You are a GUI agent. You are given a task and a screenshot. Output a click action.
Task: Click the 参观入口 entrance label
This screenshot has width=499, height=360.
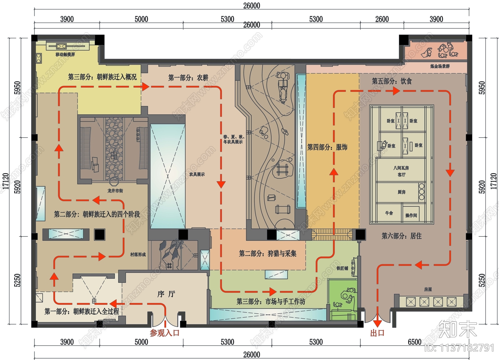click(x=164, y=333)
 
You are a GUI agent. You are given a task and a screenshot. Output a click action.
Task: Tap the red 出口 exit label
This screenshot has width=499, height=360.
click(x=377, y=333)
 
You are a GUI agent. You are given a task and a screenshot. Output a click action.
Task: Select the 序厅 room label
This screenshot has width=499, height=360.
click(x=166, y=294)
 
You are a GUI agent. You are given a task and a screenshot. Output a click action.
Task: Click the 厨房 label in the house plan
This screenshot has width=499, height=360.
click(x=401, y=192)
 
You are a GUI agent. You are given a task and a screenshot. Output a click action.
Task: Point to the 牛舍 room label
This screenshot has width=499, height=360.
click(x=389, y=213)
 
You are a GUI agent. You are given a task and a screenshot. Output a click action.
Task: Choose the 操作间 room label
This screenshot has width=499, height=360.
click(x=411, y=215)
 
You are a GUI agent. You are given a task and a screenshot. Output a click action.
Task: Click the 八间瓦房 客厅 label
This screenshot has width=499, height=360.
click(x=401, y=171)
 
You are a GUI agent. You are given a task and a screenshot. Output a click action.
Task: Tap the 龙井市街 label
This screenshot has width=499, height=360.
click(x=115, y=191)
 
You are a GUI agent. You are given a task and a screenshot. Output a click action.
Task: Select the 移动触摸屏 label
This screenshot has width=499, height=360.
click(x=65, y=54)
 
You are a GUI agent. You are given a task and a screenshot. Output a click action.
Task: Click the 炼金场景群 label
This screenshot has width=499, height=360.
click(x=440, y=66)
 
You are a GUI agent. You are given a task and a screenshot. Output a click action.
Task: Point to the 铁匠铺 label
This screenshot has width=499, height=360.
click(x=342, y=268)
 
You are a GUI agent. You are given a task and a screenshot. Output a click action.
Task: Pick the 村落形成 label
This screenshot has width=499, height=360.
click(x=138, y=255)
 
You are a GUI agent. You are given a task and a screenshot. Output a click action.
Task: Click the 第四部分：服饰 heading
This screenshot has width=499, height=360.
click(x=327, y=147)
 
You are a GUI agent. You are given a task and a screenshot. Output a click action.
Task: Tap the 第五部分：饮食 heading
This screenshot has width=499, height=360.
click(x=392, y=81)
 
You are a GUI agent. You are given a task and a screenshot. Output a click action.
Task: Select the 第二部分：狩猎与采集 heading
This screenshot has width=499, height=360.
click(x=268, y=254)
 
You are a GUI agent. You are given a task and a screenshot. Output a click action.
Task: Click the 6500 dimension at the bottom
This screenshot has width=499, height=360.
click(x=414, y=342)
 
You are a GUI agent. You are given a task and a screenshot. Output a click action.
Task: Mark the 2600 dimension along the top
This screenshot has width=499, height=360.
click(x=382, y=19)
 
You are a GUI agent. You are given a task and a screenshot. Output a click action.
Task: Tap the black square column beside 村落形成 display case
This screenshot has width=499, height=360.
click(x=99, y=235)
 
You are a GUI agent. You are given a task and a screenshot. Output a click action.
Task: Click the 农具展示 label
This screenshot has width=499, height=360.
click(x=197, y=174)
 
